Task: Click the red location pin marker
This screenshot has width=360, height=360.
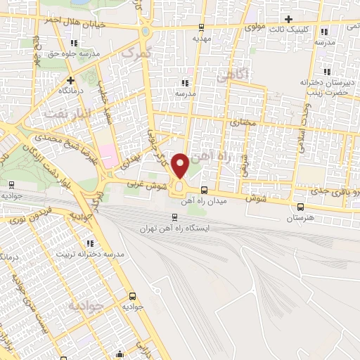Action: click(181, 166)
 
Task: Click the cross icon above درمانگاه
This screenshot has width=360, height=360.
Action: click(71, 80)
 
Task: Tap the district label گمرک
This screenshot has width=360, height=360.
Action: click(136, 52)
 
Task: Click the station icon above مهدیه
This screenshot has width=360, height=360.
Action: click(202, 27)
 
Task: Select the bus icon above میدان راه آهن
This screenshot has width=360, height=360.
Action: click(204, 190)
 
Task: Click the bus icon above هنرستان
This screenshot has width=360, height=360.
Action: click(301, 207)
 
